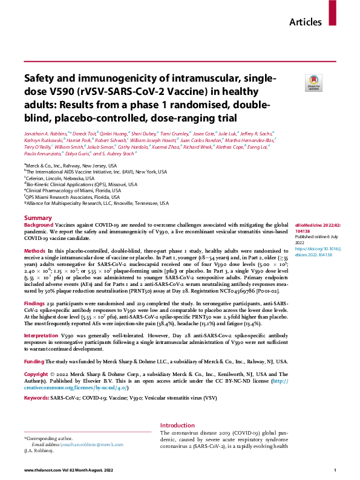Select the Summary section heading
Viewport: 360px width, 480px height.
(x=38, y=218)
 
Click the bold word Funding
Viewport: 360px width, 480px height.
(x=35, y=361)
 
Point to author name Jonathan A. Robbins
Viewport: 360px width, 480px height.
(x=48, y=132)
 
